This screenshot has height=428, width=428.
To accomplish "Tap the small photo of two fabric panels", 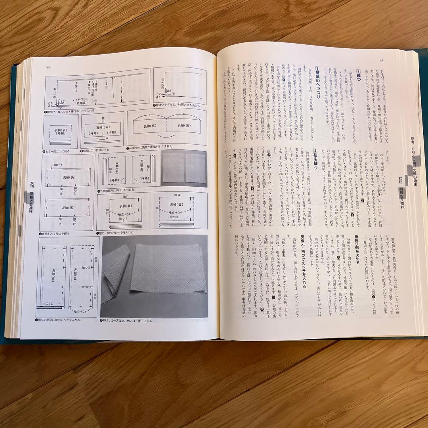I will coord(184,168).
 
